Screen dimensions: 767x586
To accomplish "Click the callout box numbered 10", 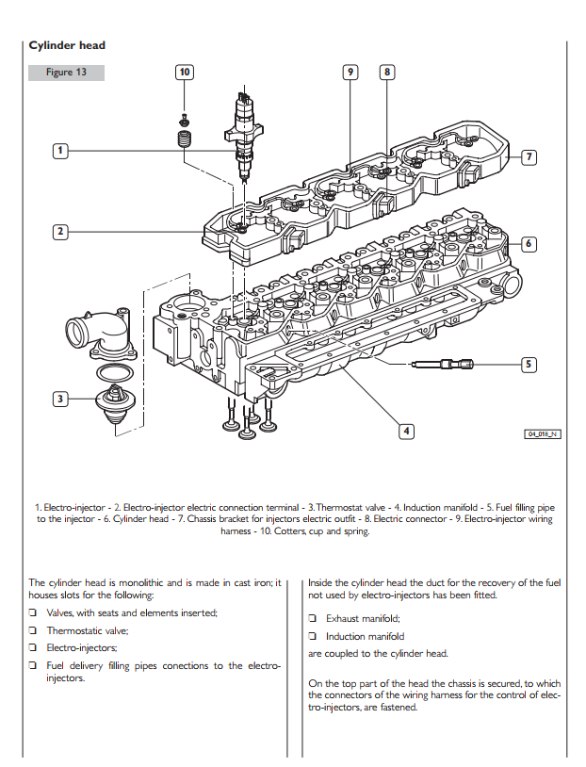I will tap(185, 72).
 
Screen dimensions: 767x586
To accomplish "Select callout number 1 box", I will tap(59, 150).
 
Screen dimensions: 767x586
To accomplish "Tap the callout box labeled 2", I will tap(59, 231).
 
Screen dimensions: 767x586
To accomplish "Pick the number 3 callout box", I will tap(59, 399).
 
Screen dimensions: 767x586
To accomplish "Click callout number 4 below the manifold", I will tap(406, 432).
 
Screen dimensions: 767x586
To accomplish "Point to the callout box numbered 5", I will tap(529, 363).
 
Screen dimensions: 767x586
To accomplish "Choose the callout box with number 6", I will tap(529, 244).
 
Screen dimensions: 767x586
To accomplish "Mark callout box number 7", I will tap(529, 155).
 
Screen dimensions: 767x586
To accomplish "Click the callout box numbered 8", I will tap(387, 72).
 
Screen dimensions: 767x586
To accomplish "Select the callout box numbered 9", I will tap(350, 72).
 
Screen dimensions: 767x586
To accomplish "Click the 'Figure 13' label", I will tap(66, 73).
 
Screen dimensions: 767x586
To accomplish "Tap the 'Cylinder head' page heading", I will tap(67, 45).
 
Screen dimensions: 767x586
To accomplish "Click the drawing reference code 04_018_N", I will tap(542, 432).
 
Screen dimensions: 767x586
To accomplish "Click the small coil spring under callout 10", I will tap(185, 140).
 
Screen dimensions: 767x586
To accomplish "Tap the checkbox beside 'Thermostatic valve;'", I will tap(33, 631).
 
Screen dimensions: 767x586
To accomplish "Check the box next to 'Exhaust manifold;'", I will tap(313, 619).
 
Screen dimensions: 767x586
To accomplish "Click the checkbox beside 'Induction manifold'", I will tap(313, 637).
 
